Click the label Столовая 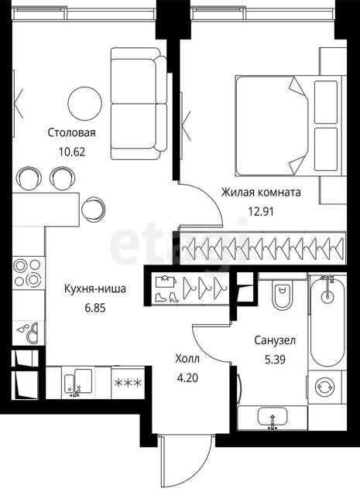coord(71,132)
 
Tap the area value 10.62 coord(72,152)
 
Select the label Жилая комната coord(261,193)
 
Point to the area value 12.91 coord(261,211)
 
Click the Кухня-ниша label coord(94,288)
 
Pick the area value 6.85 coord(95,308)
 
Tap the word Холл coord(187,359)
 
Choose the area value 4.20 coord(188,378)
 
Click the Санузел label coord(275,340)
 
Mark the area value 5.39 coord(275,360)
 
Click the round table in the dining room coord(85,103)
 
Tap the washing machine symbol coord(326,387)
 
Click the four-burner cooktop coord(29,272)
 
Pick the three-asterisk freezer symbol coord(128,383)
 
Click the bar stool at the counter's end coord(93,210)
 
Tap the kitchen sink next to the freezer coord(78,381)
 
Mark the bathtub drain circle coord(327,296)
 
